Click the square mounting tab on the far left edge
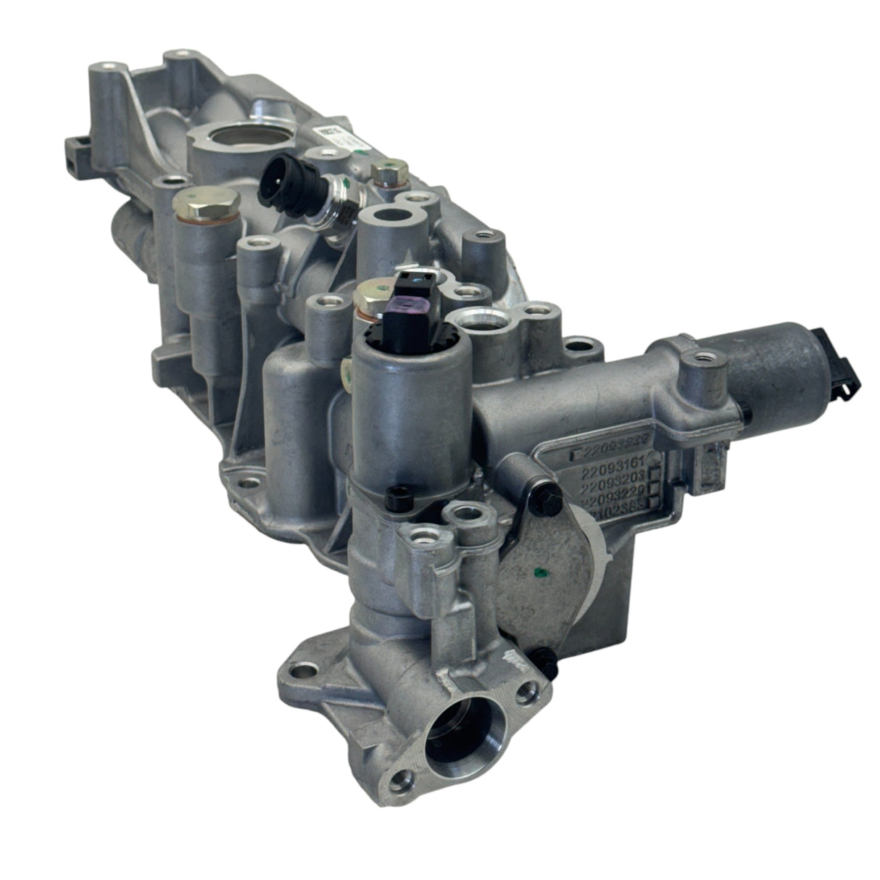[78, 149]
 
